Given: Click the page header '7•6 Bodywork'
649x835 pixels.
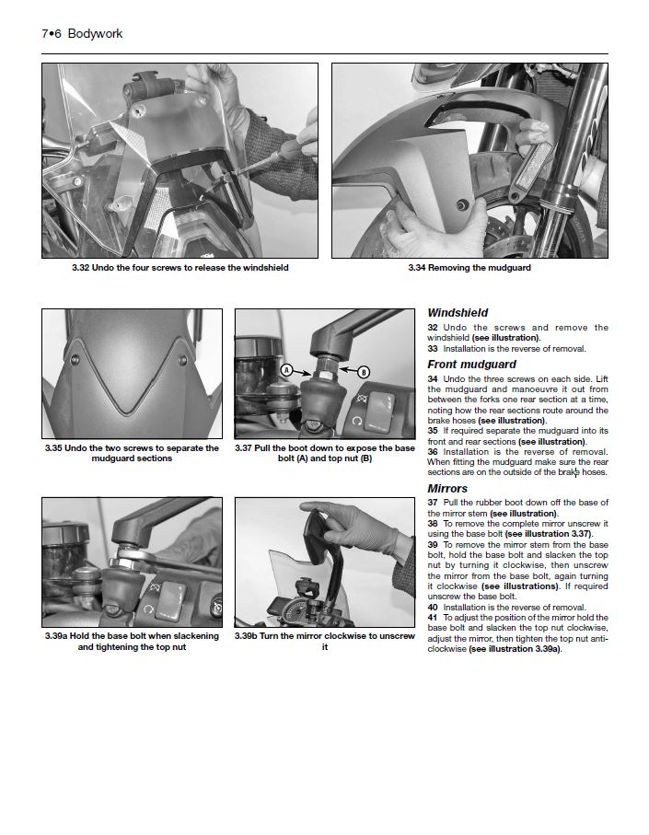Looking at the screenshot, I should pyautogui.click(x=82, y=34).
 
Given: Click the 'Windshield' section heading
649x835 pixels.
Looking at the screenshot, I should pyautogui.click(x=458, y=313).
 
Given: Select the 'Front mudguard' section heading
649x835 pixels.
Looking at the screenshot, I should pyautogui.click(x=471, y=365).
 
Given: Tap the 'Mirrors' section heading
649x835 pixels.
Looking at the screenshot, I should pyautogui.click(x=447, y=488).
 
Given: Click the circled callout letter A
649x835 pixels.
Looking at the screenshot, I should pyautogui.click(x=286, y=370).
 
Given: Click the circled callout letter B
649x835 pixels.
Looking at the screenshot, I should pyautogui.click(x=363, y=372).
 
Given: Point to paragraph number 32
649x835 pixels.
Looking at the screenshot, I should pyautogui.click(x=433, y=328).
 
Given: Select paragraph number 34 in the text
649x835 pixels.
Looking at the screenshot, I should pyautogui.click(x=433, y=378).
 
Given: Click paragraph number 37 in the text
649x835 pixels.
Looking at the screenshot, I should pyautogui.click(x=433, y=503).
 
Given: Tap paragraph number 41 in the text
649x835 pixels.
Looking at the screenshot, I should pyautogui.click(x=433, y=617).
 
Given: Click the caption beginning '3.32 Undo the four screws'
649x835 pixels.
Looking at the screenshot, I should pyautogui.click(x=180, y=268).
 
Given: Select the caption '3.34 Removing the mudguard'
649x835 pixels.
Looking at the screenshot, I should pyautogui.click(x=469, y=268).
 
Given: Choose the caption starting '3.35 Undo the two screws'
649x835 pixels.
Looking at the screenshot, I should pyautogui.click(x=132, y=453).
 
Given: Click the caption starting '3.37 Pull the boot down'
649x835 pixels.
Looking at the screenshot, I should pyautogui.click(x=324, y=453).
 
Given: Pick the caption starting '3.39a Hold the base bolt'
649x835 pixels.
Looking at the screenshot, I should pyautogui.click(x=132, y=642).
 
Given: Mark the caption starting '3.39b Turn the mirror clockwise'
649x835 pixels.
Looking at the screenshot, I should pyautogui.click(x=324, y=642).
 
